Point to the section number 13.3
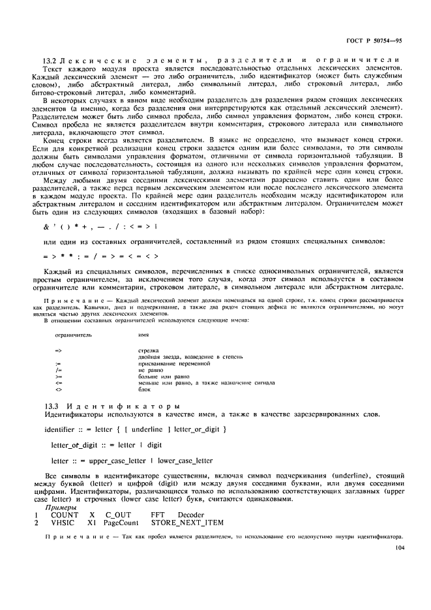click(x=50, y=406)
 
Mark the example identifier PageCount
click(x=122, y=523)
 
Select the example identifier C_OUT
click(x=118, y=514)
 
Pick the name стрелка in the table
click(x=149, y=351)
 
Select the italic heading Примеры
click(x=59, y=506)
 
